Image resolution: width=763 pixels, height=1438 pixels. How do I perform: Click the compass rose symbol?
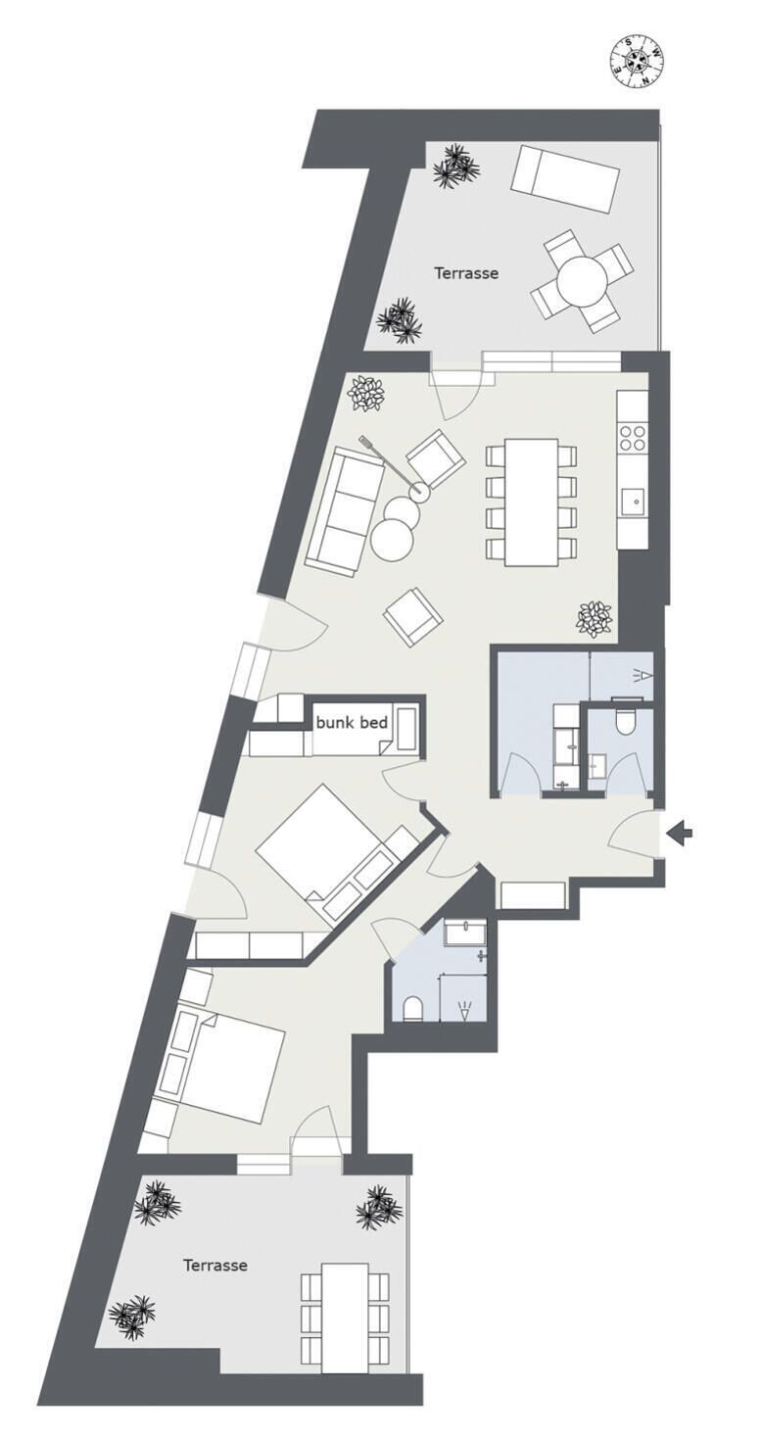pyautogui.click(x=635, y=61)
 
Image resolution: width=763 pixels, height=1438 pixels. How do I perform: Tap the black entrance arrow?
pyautogui.click(x=680, y=834)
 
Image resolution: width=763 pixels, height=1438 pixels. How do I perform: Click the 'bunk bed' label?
pyautogui.click(x=352, y=723)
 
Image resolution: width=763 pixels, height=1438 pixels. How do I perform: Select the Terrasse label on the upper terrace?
pyautogui.click(x=466, y=273)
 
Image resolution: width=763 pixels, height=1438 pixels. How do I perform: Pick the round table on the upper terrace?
pyautogui.click(x=582, y=281)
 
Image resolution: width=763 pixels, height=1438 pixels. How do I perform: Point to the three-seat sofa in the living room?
pyautogui.click(x=343, y=503)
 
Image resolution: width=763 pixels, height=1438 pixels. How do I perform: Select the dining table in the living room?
pyautogui.click(x=531, y=502)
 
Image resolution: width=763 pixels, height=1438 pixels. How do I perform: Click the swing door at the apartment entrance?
pyautogui.click(x=632, y=833)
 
